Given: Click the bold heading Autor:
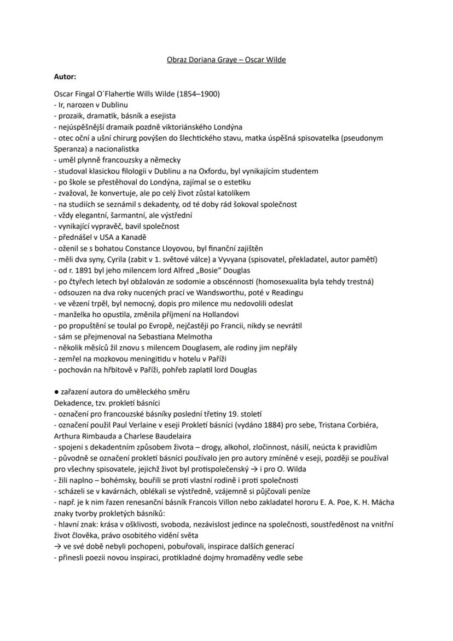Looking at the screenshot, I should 65,77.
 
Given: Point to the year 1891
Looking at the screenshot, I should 84,270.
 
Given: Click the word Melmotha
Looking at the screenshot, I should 191,337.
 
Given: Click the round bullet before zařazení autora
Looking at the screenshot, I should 56,392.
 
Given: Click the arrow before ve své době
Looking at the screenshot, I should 57,546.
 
